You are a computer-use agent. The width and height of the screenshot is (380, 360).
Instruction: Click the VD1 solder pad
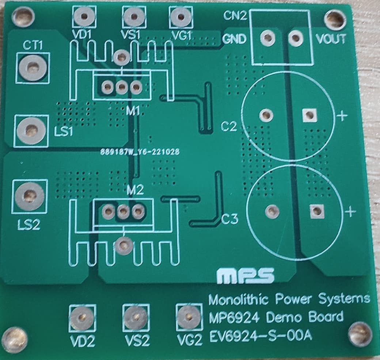85,16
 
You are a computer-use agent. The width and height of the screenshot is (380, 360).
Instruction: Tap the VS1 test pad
133,16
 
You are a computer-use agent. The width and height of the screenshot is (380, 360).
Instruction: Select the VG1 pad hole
179,16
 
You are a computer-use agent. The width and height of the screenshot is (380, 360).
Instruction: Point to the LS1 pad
31,130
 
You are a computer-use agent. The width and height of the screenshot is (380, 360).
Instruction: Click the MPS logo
246,276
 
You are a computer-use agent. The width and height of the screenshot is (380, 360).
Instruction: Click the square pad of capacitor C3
316,211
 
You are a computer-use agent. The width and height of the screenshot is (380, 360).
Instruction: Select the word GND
235,39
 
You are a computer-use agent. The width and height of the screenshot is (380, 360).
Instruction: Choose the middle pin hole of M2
123,211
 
